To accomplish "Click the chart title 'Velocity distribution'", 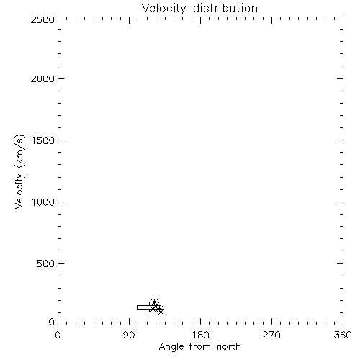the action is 199,9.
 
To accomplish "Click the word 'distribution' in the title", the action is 225,8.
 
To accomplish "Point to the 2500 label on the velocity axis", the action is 42,19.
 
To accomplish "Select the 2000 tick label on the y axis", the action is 42,78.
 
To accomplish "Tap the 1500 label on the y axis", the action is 43,140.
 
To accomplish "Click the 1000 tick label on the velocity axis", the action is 43,202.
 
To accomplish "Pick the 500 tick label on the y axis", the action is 46,264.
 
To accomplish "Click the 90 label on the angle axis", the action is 129,335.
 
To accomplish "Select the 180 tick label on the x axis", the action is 200,335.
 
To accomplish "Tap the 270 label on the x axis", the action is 271,335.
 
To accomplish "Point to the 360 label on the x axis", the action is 343,335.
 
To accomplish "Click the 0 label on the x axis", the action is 58,335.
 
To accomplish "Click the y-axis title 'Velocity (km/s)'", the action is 19,171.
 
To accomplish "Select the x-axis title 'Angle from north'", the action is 199,347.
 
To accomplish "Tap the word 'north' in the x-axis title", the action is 229,347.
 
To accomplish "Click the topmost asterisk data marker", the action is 154,302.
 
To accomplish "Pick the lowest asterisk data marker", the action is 161,312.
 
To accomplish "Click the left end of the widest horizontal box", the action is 137,307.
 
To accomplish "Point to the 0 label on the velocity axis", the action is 52,322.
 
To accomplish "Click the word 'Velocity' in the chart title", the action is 163,9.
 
